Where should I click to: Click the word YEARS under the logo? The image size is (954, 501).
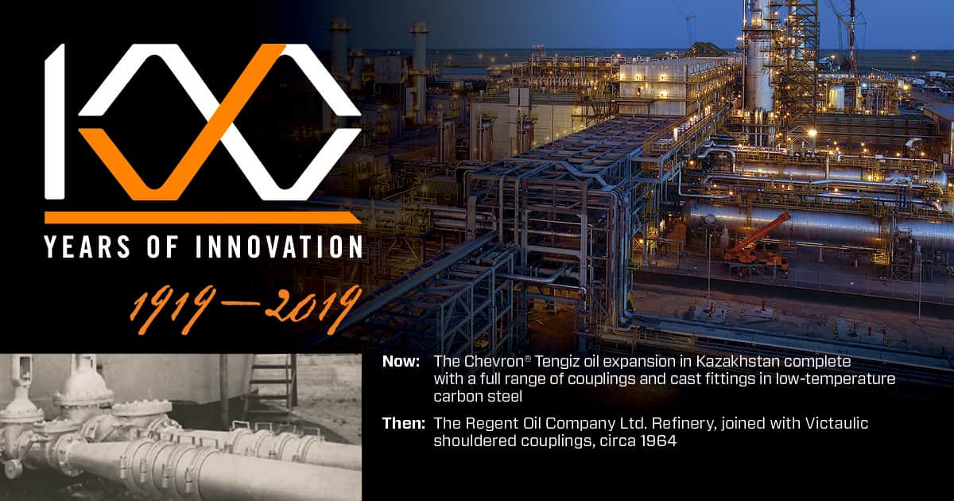[x=87, y=247]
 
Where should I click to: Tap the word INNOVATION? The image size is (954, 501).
[x=279, y=247]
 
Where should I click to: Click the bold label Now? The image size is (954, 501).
[x=401, y=361]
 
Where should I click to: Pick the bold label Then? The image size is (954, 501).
[x=404, y=423]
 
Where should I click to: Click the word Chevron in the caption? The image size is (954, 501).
[x=494, y=361]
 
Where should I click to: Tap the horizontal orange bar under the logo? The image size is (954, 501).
[x=203, y=218]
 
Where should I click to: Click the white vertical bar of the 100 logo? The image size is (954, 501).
[x=55, y=122]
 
